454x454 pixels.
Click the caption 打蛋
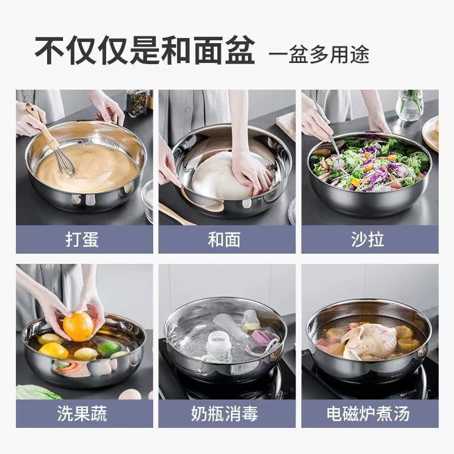click(82, 239)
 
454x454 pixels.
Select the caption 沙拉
click(367, 239)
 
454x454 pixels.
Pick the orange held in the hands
click(78, 326)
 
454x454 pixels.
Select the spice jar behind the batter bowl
click(137, 103)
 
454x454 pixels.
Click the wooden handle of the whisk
click(40, 122)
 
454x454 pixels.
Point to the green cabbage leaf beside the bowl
click(37, 392)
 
